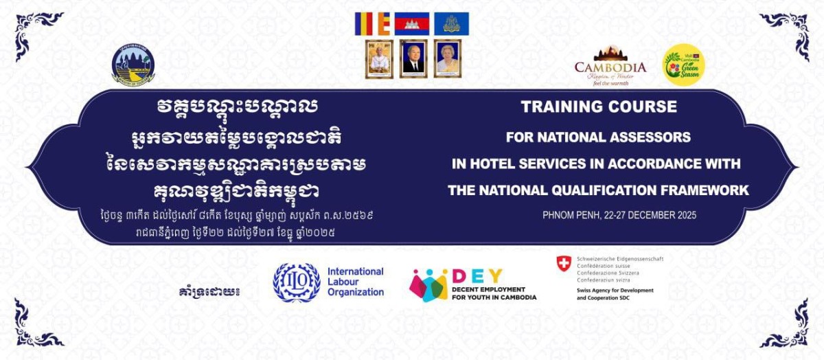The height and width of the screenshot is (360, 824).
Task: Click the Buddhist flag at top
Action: pyautogui.click(x=371, y=23)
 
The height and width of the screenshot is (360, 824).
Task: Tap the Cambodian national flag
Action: pyautogui.click(x=411, y=23)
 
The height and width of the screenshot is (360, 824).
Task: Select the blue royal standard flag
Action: pyautogui.click(x=451, y=23)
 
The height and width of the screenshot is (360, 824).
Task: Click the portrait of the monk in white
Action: pyautogui.click(x=379, y=58)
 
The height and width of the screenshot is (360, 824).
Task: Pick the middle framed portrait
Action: pyautogui.click(x=413, y=58)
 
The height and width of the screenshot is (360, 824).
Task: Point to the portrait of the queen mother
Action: pyautogui.click(x=448, y=58)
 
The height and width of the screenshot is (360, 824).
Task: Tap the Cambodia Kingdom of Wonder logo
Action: pyautogui.click(x=610, y=64)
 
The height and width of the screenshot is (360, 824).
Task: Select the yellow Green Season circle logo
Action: pyautogui.click(x=683, y=65)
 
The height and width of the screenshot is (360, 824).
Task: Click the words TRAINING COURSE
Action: pyautogui.click(x=599, y=107)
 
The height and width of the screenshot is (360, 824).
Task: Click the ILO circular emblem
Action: pyautogui.click(x=297, y=282)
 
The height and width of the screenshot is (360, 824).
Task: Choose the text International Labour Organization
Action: pyautogui.click(x=355, y=282)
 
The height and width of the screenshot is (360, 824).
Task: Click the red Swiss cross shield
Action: pyautogui.click(x=564, y=263)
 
